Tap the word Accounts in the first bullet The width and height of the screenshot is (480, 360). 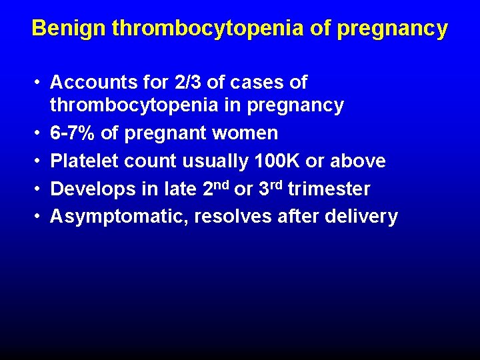point(91,83)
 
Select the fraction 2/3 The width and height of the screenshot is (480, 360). point(184,83)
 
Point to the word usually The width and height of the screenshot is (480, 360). point(217,161)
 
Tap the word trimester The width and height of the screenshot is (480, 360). point(329,189)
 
